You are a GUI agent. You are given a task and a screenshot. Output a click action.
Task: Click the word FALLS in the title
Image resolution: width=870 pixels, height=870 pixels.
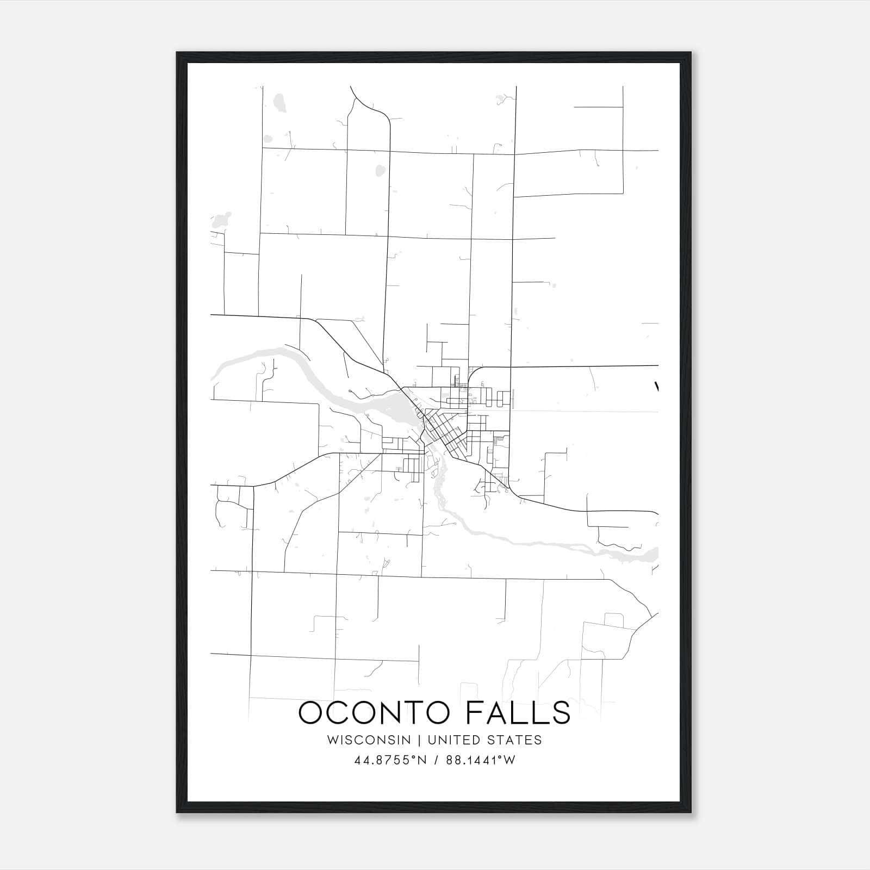click(x=520, y=713)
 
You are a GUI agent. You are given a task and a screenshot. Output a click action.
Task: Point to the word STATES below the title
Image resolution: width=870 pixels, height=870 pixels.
click(x=514, y=740)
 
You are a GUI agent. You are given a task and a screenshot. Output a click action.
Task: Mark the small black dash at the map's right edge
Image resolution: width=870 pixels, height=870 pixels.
click(x=657, y=387)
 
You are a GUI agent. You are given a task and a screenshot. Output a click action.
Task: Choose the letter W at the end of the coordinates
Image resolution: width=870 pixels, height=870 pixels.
click(x=509, y=760)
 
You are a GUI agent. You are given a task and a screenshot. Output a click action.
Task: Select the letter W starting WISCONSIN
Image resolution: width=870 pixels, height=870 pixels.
click(x=332, y=740)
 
